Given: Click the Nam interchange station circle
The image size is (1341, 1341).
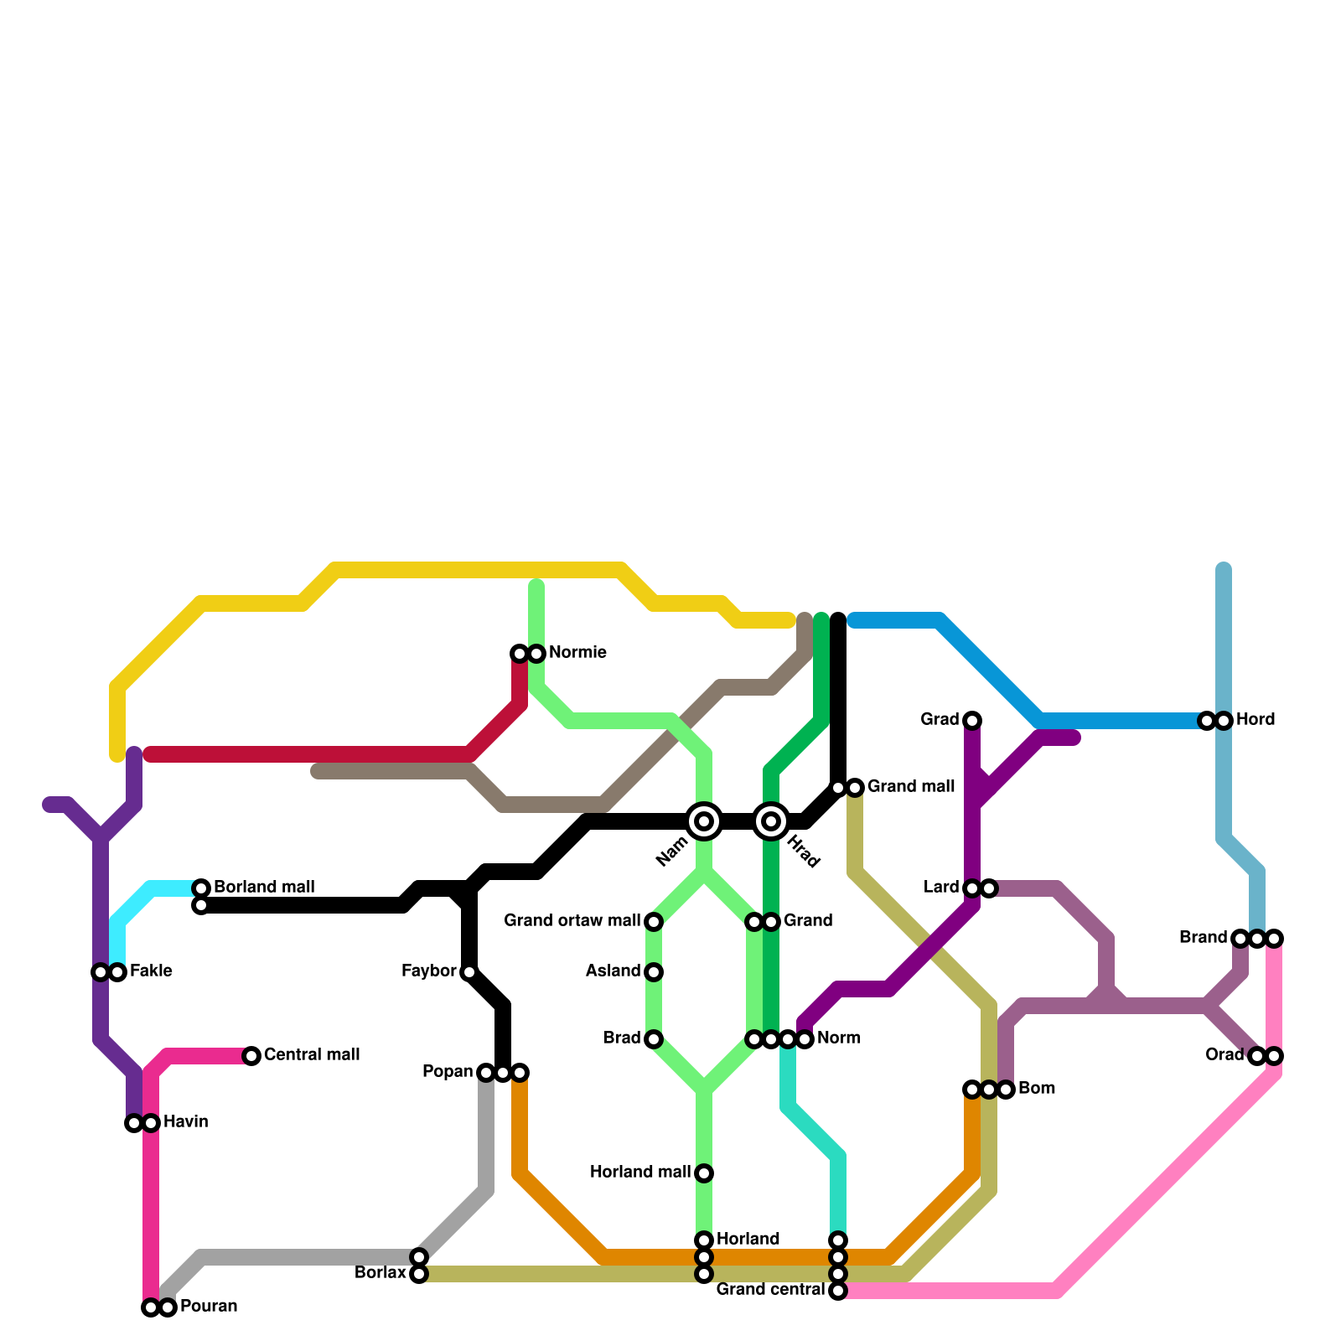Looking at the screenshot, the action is coord(704,821).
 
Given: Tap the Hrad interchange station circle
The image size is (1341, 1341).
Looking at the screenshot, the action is coord(771,821).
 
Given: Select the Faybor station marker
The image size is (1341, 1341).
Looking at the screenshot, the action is coord(469,972).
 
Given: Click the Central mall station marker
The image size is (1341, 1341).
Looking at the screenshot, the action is coord(251,1056).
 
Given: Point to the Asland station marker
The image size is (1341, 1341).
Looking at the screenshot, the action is coord(654,972).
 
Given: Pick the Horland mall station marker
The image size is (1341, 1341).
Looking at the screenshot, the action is coord(704,1173).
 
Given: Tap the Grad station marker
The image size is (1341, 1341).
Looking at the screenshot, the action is coord(972,721).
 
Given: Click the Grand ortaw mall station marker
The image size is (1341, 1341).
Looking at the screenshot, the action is coord(654,922).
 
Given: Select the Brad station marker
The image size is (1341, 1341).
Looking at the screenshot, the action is coord(654,1039).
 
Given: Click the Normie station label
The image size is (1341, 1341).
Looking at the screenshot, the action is coord(577,653).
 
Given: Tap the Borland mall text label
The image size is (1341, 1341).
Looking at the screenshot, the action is coord(264,888).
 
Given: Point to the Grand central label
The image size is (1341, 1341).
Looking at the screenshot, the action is coord(770,1290).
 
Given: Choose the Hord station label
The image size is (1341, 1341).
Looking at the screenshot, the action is coord(1256,720).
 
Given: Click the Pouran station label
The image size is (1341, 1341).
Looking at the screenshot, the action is coord(209,1307).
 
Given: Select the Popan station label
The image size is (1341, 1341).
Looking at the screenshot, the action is coord(448,1072).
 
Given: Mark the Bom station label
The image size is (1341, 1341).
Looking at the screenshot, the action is coord(1037,1089).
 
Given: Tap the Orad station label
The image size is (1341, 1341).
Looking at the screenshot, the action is coord(1225,1055).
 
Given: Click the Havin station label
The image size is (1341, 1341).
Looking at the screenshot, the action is coord(185,1122).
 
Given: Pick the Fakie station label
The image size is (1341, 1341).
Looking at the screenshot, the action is coord(151,971).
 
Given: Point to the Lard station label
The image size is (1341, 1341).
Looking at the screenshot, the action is coord(941,888).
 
